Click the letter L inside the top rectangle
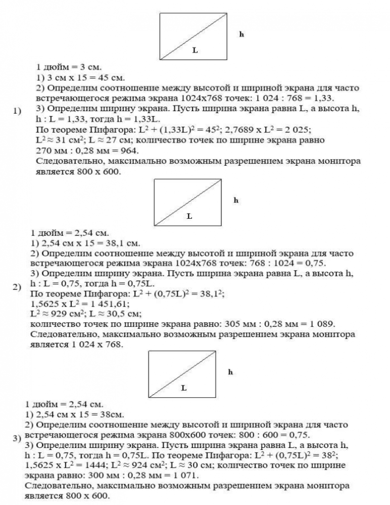point(195,50)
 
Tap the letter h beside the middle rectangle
point(236,200)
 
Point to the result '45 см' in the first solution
point(107,77)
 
